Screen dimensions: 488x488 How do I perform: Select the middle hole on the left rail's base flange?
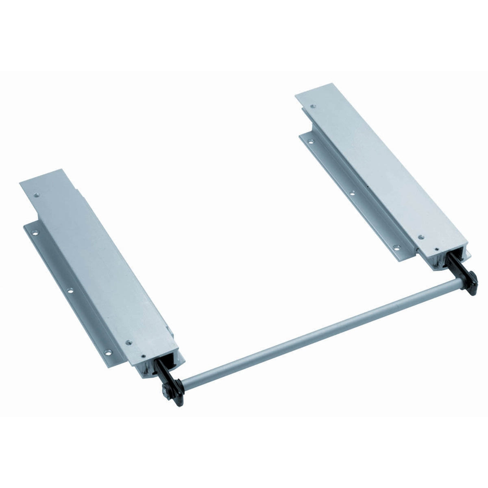[70, 291]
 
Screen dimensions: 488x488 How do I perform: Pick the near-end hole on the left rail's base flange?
[108, 351]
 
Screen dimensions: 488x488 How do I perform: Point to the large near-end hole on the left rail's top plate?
[129, 343]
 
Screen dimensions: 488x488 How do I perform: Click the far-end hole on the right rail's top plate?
[312, 107]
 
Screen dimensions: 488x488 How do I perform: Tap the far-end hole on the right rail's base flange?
[312, 142]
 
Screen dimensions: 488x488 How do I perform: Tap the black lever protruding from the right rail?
[455, 264]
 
